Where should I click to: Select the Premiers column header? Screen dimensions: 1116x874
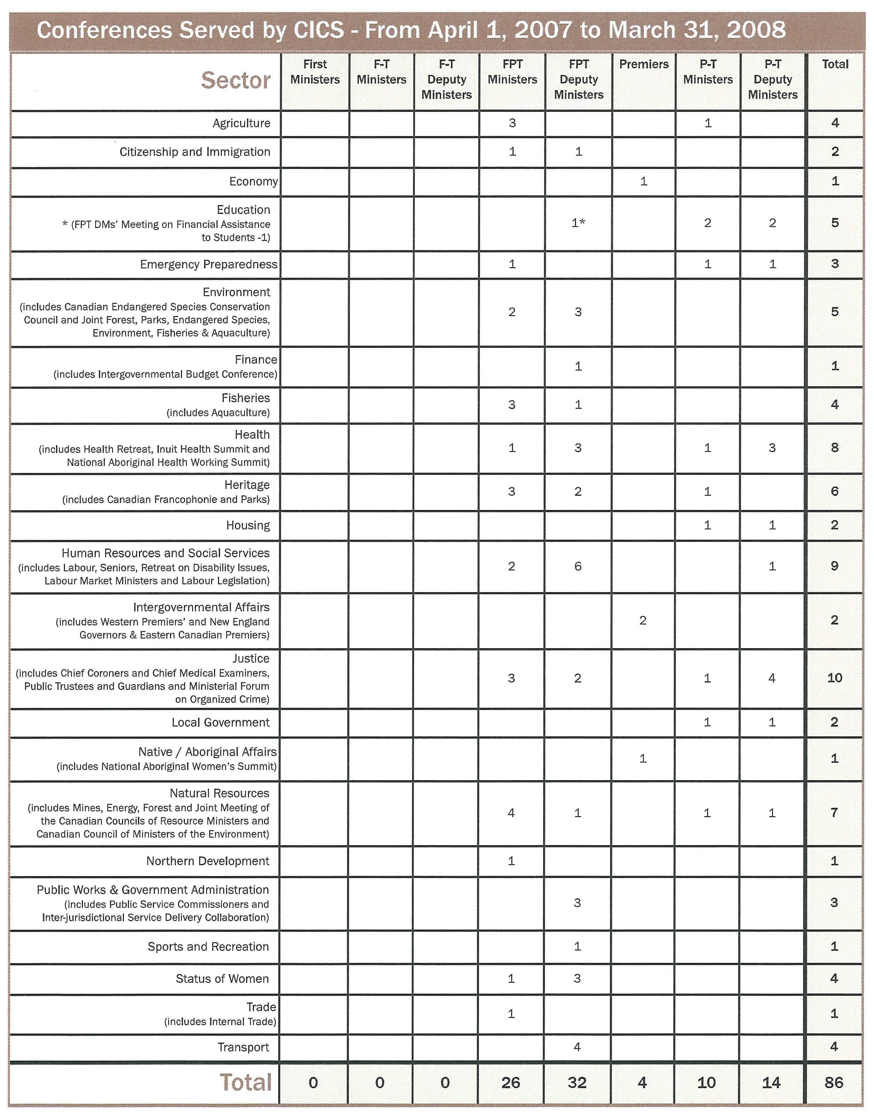[644, 64]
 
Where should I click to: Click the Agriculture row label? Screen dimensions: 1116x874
[241, 123]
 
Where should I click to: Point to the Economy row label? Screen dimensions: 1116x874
[253, 182]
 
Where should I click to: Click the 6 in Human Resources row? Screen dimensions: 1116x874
[578, 566]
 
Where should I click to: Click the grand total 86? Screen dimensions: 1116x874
[834, 1083]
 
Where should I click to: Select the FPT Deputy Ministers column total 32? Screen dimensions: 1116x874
[577, 1083]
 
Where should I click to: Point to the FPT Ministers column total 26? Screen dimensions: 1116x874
[511, 1083]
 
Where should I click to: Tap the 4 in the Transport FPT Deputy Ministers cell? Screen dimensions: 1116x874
[577, 1047]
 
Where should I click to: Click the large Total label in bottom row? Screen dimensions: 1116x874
[246, 1083]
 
